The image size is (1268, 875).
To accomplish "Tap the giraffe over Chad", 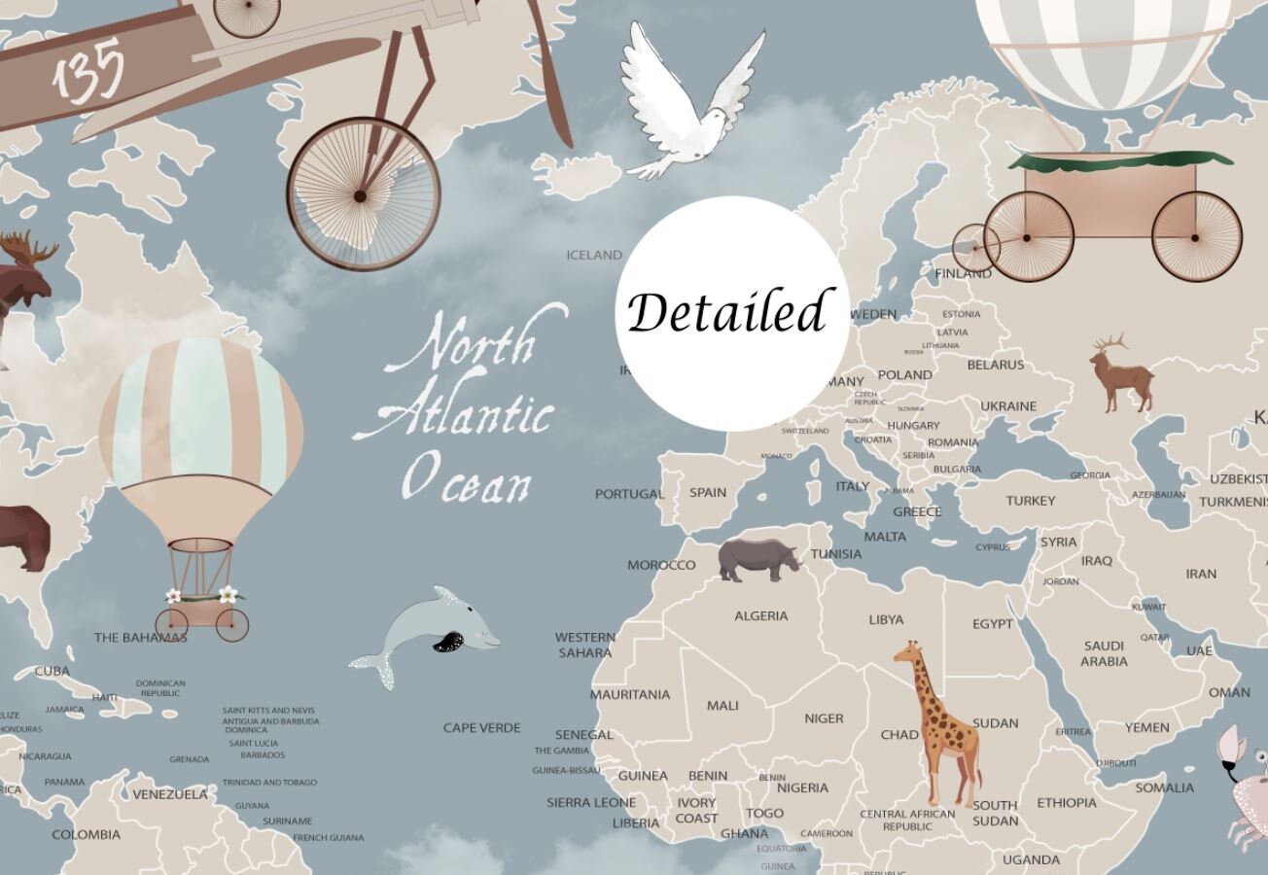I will (936, 719).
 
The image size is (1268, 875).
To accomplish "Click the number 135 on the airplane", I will (89, 70).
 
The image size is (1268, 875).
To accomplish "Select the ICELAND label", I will (594, 255).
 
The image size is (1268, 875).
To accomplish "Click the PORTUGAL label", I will (629, 494).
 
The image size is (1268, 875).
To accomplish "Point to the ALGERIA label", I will (761, 615).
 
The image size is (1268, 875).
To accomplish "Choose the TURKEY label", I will (1031, 501).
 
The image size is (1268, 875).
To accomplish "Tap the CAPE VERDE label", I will (482, 727).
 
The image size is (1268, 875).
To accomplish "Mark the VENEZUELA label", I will (170, 794).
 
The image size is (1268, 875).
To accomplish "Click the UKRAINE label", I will (1008, 405).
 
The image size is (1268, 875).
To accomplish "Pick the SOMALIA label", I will (1164, 787).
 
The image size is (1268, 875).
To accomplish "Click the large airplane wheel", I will (363, 193).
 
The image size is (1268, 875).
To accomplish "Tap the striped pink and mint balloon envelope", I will (201, 413).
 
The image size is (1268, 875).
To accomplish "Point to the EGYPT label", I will (993, 624).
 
